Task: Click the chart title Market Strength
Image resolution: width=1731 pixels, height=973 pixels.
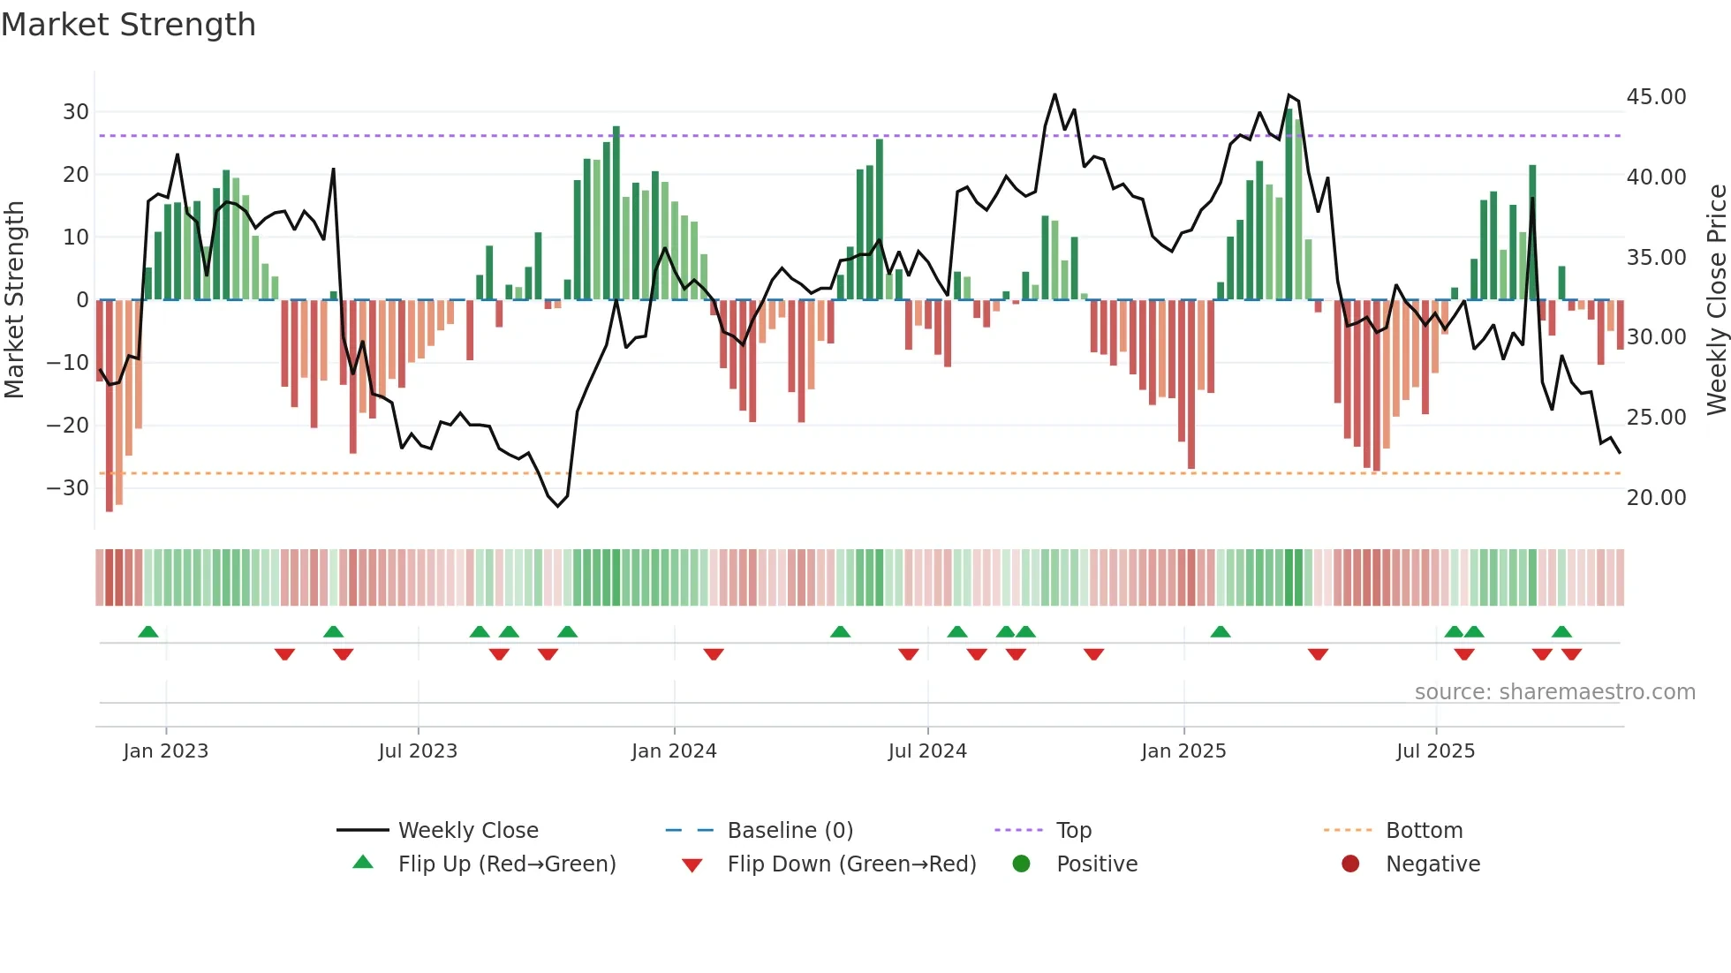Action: (128, 25)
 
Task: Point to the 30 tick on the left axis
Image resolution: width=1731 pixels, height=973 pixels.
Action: (75, 112)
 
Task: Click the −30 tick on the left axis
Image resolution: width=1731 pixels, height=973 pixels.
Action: (68, 488)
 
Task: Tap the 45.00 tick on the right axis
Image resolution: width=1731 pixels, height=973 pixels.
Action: (1656, 97)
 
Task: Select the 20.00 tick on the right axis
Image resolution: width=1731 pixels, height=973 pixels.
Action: (1656, 498)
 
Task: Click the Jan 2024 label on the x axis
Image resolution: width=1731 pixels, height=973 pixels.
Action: (674, 751)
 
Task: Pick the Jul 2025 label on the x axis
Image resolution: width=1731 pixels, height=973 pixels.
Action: (1435, 751)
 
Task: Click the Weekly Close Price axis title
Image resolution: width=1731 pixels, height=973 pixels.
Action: (1716, 300)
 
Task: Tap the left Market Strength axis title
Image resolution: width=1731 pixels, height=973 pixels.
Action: (14, 300)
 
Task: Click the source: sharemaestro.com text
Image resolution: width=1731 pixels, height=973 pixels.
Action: (1554, 692)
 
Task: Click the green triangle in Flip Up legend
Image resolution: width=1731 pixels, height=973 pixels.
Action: (363, 863)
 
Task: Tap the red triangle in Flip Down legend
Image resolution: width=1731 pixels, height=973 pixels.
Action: (692, 865)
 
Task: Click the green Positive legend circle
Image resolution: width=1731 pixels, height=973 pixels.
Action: (1022, 864)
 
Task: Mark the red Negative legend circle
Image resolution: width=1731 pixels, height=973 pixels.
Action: (1350, 864)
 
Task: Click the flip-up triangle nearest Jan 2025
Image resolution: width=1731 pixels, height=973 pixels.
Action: (1221, 632)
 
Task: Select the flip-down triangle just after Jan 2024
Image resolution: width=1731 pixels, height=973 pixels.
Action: (714, 654)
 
